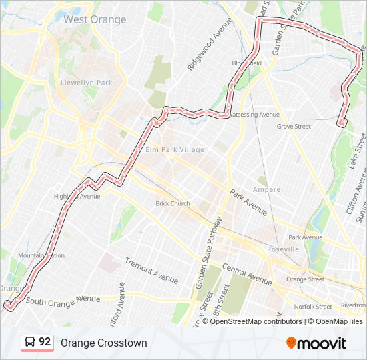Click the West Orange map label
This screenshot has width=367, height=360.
pyautogui.click(x=95, y=19)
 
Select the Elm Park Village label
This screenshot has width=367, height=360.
pyautogui.click(x=175, y=149)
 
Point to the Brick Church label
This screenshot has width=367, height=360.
pyautogui.click(x=173, y=203)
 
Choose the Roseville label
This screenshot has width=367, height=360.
pyautogui.click(x=283, y=249)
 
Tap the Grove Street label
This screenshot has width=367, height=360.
pyautogui.click(x=294, y=126)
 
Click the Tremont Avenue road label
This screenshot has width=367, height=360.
pyautogui.click(x=152, y=269)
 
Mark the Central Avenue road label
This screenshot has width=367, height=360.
pyautogui.click(x=247, y=273)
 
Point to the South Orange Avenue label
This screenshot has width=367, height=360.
pyautogui.click(x=63, y=301)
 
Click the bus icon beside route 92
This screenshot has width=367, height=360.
pyautogui.click(x=30, y=343)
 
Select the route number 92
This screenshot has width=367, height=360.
pyautogui.click(x=45, y=342)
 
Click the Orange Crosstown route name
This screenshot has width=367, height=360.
pyautogui.click(x=103, y=343)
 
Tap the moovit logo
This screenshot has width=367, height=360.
pyautogui.click(x=316, y=343)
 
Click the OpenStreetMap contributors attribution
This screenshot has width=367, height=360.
pyautogui.click(x=256, y=321)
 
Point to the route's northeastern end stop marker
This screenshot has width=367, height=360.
pyautogui.click(x=342, y=122)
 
